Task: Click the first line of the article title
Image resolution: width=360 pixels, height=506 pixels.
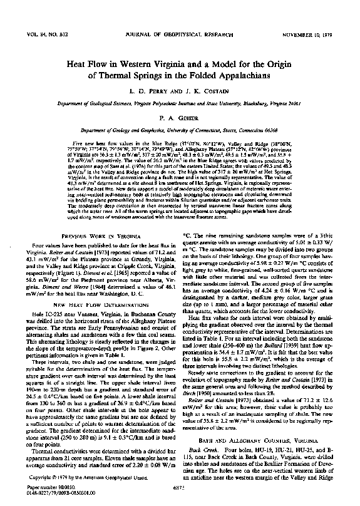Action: (x=181, y=64)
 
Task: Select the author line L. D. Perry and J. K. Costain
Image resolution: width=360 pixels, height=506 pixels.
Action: (x=181, y=92)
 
